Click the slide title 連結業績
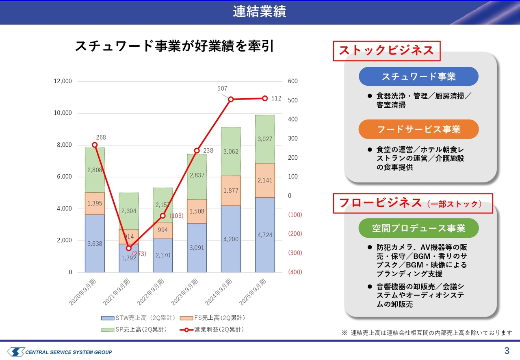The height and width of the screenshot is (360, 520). click(x=259, y=12)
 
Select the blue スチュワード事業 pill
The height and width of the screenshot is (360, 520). click(x=418, y=76)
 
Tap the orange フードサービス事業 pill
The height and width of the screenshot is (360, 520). click(x=418, y=129)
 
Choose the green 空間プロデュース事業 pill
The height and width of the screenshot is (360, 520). click(x=418, y=228)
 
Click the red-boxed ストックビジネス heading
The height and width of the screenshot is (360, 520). click(x=387, y=51)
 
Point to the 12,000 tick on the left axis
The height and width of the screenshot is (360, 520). click(x=63, y=81)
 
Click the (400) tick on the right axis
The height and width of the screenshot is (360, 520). click(x=295, y=272)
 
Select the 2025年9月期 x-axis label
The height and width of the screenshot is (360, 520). click(x=253, y=292)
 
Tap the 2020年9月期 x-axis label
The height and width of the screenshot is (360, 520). click(x=82, y=292)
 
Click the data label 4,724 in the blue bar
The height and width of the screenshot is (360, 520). click(x=265, y=235)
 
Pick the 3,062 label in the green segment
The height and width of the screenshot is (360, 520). click(x=231, y=152)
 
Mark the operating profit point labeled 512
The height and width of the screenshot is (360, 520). click(x=265, y=98)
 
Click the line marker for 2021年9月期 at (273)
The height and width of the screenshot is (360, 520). click(x=129, y=248)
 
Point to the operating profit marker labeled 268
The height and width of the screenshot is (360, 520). click(x=95, y=145)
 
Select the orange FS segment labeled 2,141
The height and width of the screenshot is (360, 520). click(x=265, y=180)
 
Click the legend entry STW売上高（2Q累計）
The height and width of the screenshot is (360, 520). click(x=138, y=318)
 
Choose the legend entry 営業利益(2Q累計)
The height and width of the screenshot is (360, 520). click(x=212, y=330)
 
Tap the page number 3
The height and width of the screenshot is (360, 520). click(x=507, y=351)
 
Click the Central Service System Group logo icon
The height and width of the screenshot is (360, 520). click(x=16, y=352)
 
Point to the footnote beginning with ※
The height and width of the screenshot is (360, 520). click(x=427, y=333)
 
